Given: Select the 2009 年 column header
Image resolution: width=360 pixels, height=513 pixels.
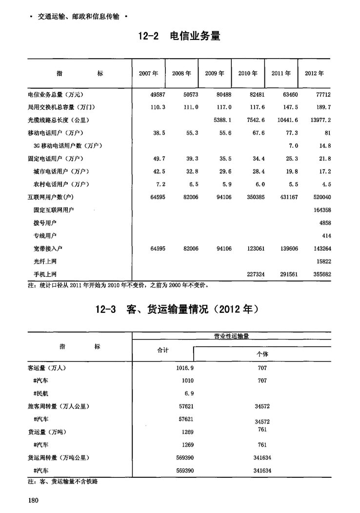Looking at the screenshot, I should (215, 74).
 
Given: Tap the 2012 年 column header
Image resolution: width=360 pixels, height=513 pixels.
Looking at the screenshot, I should (314, 74).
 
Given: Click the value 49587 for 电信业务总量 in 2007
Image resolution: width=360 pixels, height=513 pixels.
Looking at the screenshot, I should (155, 94).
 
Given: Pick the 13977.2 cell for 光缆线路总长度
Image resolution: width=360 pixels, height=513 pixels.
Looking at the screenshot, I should (320, 120).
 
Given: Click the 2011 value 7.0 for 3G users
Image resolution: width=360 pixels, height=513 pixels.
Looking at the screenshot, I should (293, 146).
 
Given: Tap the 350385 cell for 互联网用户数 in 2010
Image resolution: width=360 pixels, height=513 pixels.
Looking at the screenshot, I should (253, 197).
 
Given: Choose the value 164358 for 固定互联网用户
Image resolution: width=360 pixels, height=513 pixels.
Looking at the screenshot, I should (320, 210).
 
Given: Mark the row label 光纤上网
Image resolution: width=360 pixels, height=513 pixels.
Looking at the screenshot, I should (45, 262).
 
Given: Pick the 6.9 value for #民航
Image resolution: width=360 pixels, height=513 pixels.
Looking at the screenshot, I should (188, 393).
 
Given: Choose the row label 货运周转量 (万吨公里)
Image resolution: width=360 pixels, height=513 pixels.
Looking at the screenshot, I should (59, 458).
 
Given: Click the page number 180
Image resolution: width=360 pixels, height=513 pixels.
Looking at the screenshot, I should (34, 500).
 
